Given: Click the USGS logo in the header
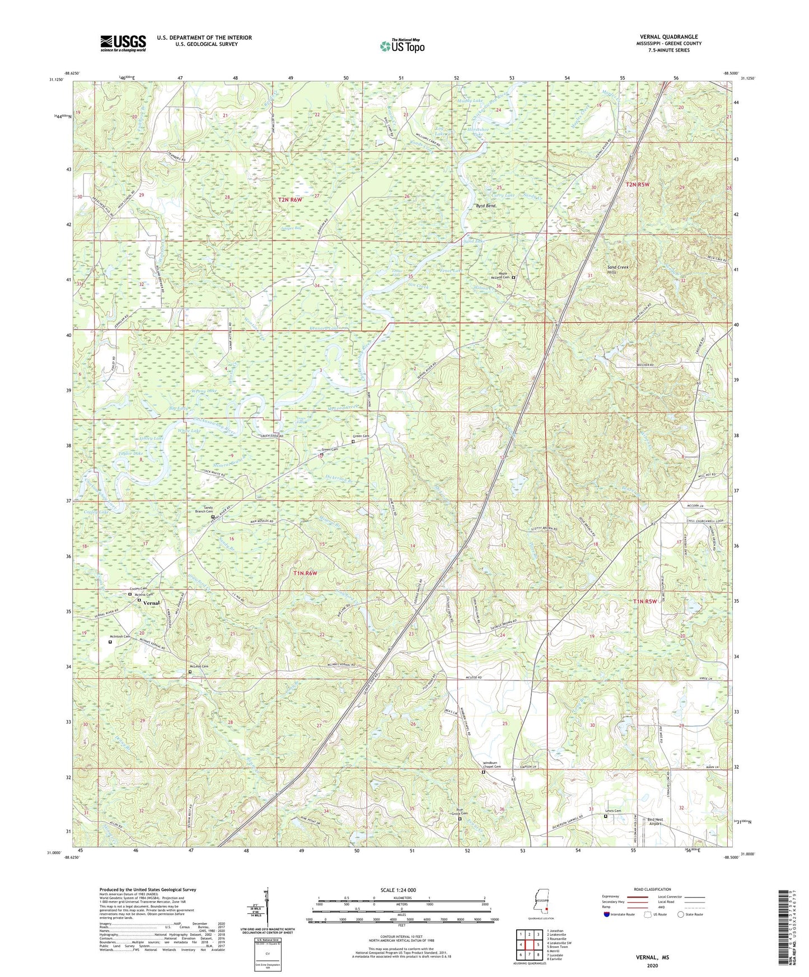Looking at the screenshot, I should [123, 43].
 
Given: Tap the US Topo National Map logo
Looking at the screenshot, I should [401, 46].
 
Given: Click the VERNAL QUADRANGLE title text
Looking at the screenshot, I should [671, 37].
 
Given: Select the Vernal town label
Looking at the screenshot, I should [151, 603].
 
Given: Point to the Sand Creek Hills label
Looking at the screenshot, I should [618, 270].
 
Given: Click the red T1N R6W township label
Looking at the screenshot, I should [306, 573].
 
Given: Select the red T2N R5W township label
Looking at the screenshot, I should [637, 184].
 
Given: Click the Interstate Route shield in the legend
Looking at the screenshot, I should [608, 914].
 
